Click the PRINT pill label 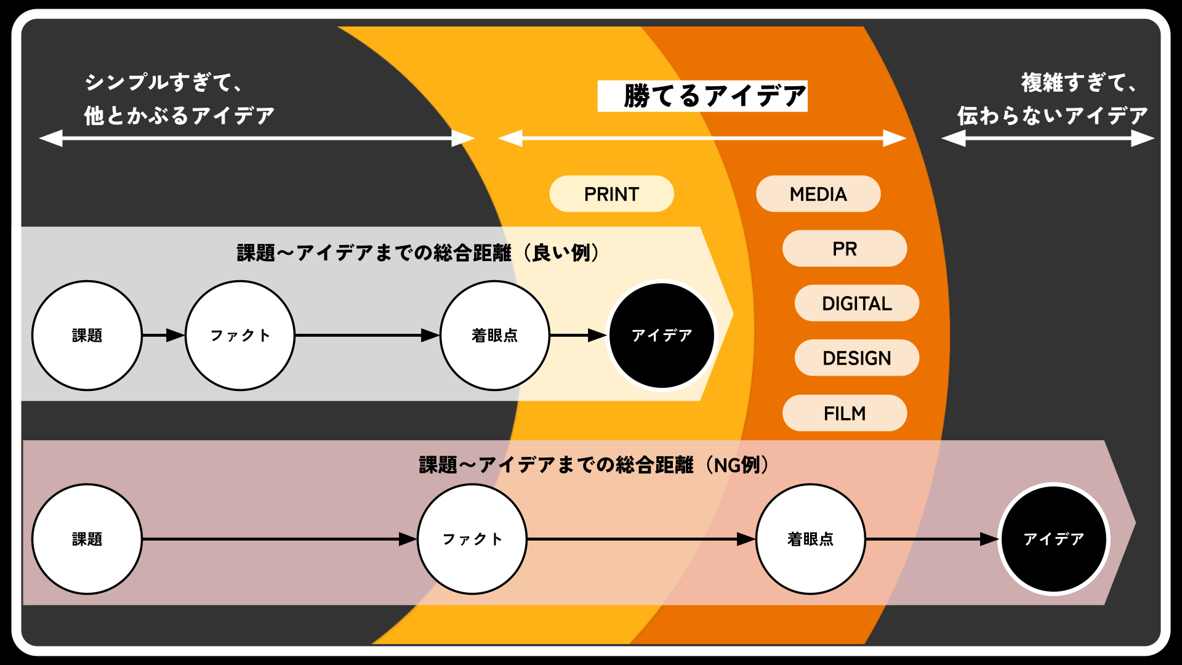[x=611, y=194]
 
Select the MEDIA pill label [x=818, y=194]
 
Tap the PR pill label [x=845, y=249]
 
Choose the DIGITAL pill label [x=857, y=304]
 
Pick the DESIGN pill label [x=857, y=358]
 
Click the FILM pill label [x=845, y=413]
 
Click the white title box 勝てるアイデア [x=702, y=96]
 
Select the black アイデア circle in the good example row [x=662, y=336]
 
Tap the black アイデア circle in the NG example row [x=1053, y=539]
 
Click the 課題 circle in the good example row [x=87, y=336]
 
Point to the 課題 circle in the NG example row [x=87, y=539]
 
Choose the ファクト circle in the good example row [x=240, y=336]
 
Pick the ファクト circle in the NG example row [x=472, y=539]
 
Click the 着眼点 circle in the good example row [x=495, y=336]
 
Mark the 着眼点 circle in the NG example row [x=810, y=539]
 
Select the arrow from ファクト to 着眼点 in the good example [x=367, y=336]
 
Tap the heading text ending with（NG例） [x=594, y=465]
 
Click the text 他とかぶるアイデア [x=179, y=116]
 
